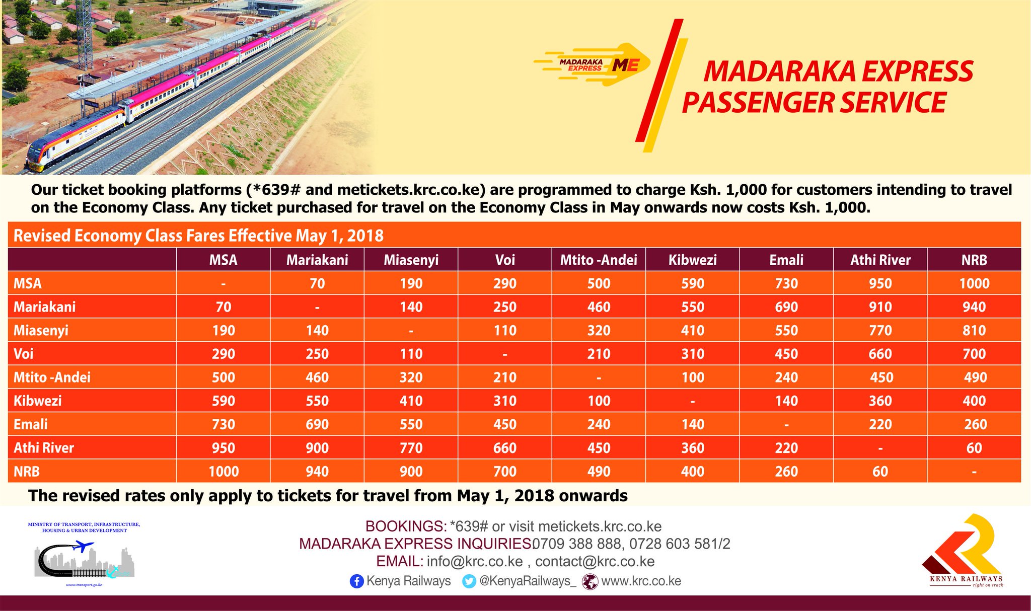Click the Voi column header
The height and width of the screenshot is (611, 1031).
[505, 260]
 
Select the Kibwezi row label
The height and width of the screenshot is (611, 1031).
[38, 401]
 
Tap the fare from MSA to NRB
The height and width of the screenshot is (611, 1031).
[974, 283]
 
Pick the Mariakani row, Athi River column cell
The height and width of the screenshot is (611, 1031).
[880, 307]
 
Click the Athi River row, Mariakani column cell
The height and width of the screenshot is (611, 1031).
[317, 448]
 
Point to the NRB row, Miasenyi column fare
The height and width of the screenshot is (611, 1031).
[411, 472]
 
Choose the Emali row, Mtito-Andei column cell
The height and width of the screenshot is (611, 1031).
[599, 424]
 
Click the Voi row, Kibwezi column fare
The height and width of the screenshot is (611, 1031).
[693, 354]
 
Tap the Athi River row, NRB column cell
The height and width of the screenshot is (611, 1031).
[974, 448]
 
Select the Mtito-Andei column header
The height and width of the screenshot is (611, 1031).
[599, 260]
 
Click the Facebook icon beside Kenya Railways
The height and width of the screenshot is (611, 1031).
[356, 581]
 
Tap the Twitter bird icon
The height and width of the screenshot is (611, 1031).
[469, 581]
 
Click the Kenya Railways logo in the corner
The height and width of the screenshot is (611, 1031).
[962, 551]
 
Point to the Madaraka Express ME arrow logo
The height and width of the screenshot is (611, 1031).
[592, 64]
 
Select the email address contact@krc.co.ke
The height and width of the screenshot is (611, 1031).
[595, 561]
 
